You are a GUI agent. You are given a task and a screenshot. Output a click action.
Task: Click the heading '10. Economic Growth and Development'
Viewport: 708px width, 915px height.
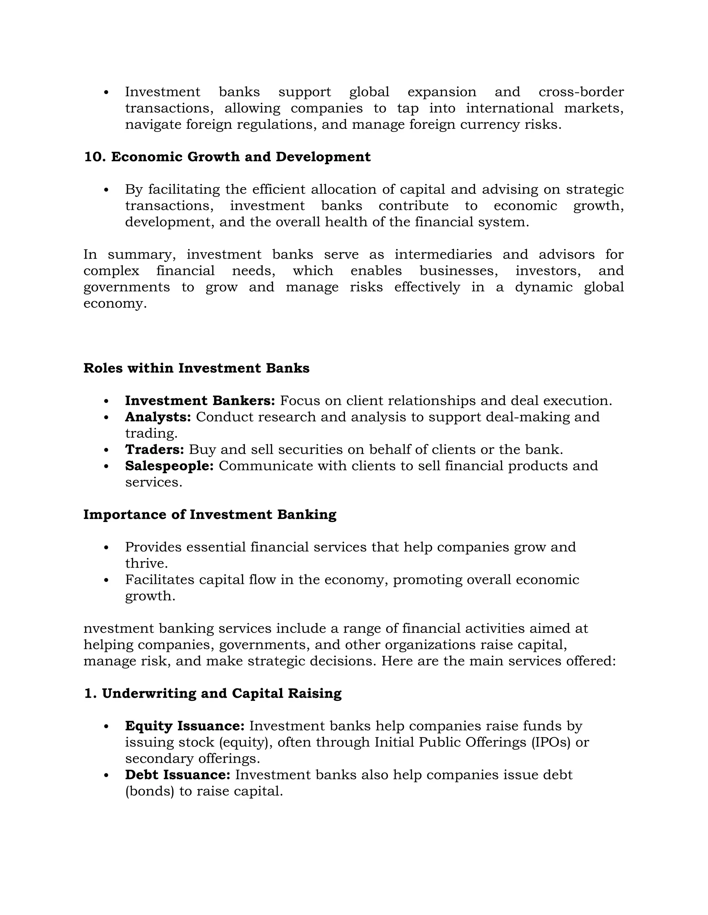point(227,157)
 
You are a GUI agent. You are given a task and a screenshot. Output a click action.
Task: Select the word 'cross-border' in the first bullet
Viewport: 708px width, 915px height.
point(581,92)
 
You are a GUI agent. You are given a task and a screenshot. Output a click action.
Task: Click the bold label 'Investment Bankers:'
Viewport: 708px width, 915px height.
point(200,401)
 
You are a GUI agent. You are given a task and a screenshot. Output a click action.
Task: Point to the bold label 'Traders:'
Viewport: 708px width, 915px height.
point(154,450)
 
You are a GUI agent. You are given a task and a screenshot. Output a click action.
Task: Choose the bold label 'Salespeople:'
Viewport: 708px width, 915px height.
point(169,466)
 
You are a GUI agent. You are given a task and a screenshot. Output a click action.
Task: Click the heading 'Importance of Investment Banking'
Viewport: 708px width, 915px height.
point(210,514)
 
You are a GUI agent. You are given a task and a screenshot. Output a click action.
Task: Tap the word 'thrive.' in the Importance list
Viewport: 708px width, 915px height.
point(146,564)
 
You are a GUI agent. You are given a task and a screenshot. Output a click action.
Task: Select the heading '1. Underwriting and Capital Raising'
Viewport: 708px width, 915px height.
point(213,693)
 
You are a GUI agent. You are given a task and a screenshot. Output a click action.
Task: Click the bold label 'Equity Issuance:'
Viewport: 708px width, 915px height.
point(185,726)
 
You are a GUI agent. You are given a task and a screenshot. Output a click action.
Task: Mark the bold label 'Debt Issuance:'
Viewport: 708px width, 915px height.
point(177,775)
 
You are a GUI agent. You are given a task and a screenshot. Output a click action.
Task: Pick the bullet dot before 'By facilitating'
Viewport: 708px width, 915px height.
point(106,190)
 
